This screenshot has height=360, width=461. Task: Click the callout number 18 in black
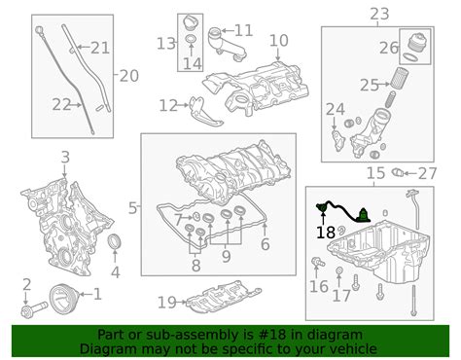pyautogui.click(x=326, y=233)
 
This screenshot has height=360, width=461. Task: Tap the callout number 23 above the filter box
pyautogui.click(x=379, y=14)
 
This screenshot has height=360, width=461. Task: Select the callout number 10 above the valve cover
pyautogui.click(x=279, y=41)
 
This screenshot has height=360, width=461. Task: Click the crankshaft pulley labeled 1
pyautogui.click(x=63, y=299)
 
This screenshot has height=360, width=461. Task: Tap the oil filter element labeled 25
pyautogui.click(x=399, y=77)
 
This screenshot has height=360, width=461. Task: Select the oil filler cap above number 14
pyautogui.click(x=191, y=23)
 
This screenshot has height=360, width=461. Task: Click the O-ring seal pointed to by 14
pyautogui.click(x=191, y=40)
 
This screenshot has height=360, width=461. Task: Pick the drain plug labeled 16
pyautogui.click(x=317, y=262)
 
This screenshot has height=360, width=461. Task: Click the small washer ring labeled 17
pyautogui.click(x=338, y=270)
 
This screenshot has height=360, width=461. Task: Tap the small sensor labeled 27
pyautogui.click(x=397, y=172)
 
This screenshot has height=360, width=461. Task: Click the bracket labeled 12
pyautogui.click(x=204, y=113)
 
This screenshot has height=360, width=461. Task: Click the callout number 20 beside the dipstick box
pyautogui.click(x=129, y=76)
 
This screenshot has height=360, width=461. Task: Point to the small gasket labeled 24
pyautogui.click(x=337, y=140)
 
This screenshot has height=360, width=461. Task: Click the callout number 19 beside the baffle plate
pyautogui.click(x=167, y=303)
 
